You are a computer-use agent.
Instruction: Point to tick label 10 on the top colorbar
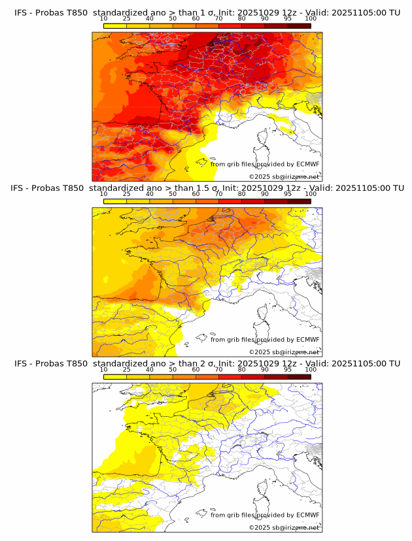(x=103, y=18)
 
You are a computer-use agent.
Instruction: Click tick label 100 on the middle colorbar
(x=311, y=194)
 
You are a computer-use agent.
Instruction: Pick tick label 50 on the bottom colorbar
(x=173, y=369)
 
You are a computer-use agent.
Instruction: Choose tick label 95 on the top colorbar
(x=288, y=18)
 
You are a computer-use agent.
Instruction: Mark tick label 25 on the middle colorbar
(x=126, y=194)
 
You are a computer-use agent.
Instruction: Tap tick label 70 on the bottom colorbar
(x=218, y=369)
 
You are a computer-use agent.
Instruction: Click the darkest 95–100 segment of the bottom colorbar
(x=299, y=376)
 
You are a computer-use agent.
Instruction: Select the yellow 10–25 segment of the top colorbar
(x=115, y=25)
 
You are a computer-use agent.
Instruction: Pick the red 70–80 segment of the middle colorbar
(x=230, y=201)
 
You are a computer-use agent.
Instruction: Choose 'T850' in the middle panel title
(x=74, y=188)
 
